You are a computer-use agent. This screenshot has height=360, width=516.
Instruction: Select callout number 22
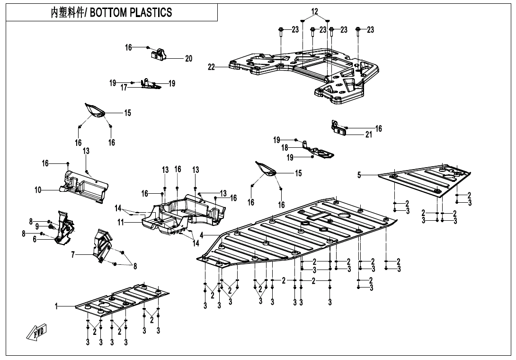pos(212,67)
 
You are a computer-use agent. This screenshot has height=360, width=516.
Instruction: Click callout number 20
pos(189,59)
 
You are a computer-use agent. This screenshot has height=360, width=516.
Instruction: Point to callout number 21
pos(368,135)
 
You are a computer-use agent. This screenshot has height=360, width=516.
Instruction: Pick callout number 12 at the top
pos(315,11)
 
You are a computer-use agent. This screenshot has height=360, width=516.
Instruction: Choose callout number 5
pos(359,175)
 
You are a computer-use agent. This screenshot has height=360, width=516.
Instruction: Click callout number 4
pos(202,235)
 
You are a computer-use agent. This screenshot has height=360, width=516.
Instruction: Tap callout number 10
pos(38,190)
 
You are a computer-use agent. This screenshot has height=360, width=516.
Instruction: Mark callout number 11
pos(121,222)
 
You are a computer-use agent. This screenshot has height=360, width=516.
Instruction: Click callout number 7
pos(73,255)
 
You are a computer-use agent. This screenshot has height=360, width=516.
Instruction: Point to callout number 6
pos(35,240)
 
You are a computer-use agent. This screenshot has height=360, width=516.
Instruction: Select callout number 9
pos(37,227)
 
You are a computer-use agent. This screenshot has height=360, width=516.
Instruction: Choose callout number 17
pos(124,87)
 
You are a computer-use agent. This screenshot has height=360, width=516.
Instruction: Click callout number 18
pos(285,148)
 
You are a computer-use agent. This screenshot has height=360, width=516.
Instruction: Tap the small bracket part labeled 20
pos(159,54)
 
